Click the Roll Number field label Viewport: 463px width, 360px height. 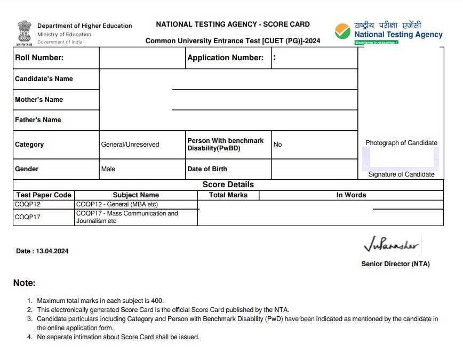point(39,58)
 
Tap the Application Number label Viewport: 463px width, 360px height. point(225,58)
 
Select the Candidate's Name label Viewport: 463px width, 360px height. point(44,78)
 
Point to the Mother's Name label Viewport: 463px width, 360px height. point(39,99)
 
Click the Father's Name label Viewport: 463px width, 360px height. point(38,120)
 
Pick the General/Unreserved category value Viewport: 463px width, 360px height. point(130,145)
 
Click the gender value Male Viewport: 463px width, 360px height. point(108,169)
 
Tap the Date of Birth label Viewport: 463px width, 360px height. point(207,169)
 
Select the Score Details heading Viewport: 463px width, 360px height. point(228,185)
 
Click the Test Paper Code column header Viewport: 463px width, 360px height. point(44,195)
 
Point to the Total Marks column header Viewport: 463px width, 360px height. point(228,195)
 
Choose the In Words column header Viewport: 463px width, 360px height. point(351,195)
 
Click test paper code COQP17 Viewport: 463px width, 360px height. point(28,217)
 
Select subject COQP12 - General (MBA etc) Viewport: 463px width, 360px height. point(117,204)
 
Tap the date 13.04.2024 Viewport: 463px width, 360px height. point(52,251)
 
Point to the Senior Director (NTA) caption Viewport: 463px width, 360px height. point(395,264)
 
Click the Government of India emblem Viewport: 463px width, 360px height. point(25,33)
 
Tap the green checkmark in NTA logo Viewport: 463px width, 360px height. point(342,31)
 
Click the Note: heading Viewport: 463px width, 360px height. point(25,283)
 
